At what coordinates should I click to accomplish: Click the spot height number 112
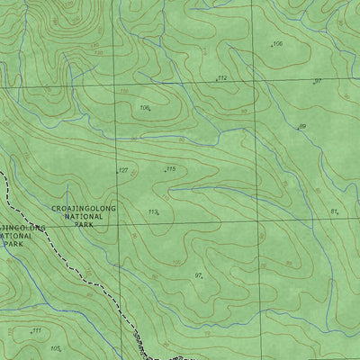click(222, 79)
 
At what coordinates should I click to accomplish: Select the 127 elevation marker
click(123, 170)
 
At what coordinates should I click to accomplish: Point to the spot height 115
click(169, 168)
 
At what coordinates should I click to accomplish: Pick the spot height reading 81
click(334, 211)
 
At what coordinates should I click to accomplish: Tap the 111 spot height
click(36, 331)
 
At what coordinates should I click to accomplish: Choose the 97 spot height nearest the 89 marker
click(318, 81)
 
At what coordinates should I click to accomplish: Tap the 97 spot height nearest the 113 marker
click(199, 274)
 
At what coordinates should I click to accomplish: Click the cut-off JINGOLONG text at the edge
click(18, 228)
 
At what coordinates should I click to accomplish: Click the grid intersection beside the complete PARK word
click(117, 222)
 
